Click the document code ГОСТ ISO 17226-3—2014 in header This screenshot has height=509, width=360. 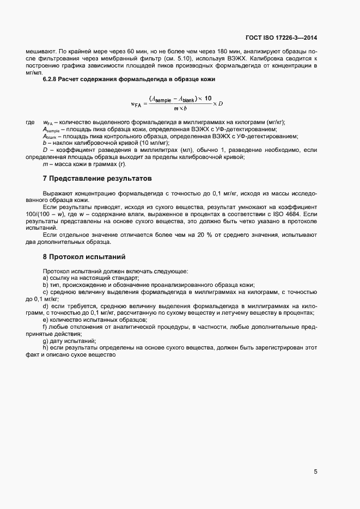click(x=281, y=38)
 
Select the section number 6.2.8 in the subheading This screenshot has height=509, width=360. click(x=51, y=79)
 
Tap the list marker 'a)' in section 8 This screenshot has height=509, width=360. click(x=45, y=278)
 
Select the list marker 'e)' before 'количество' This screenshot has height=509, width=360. click(x=45, y=320)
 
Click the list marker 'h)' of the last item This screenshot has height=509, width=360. click(x=45, y=347)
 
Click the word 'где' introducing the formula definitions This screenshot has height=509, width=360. click(x=30, y=122)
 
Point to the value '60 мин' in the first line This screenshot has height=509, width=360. click(x=130, y=51)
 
